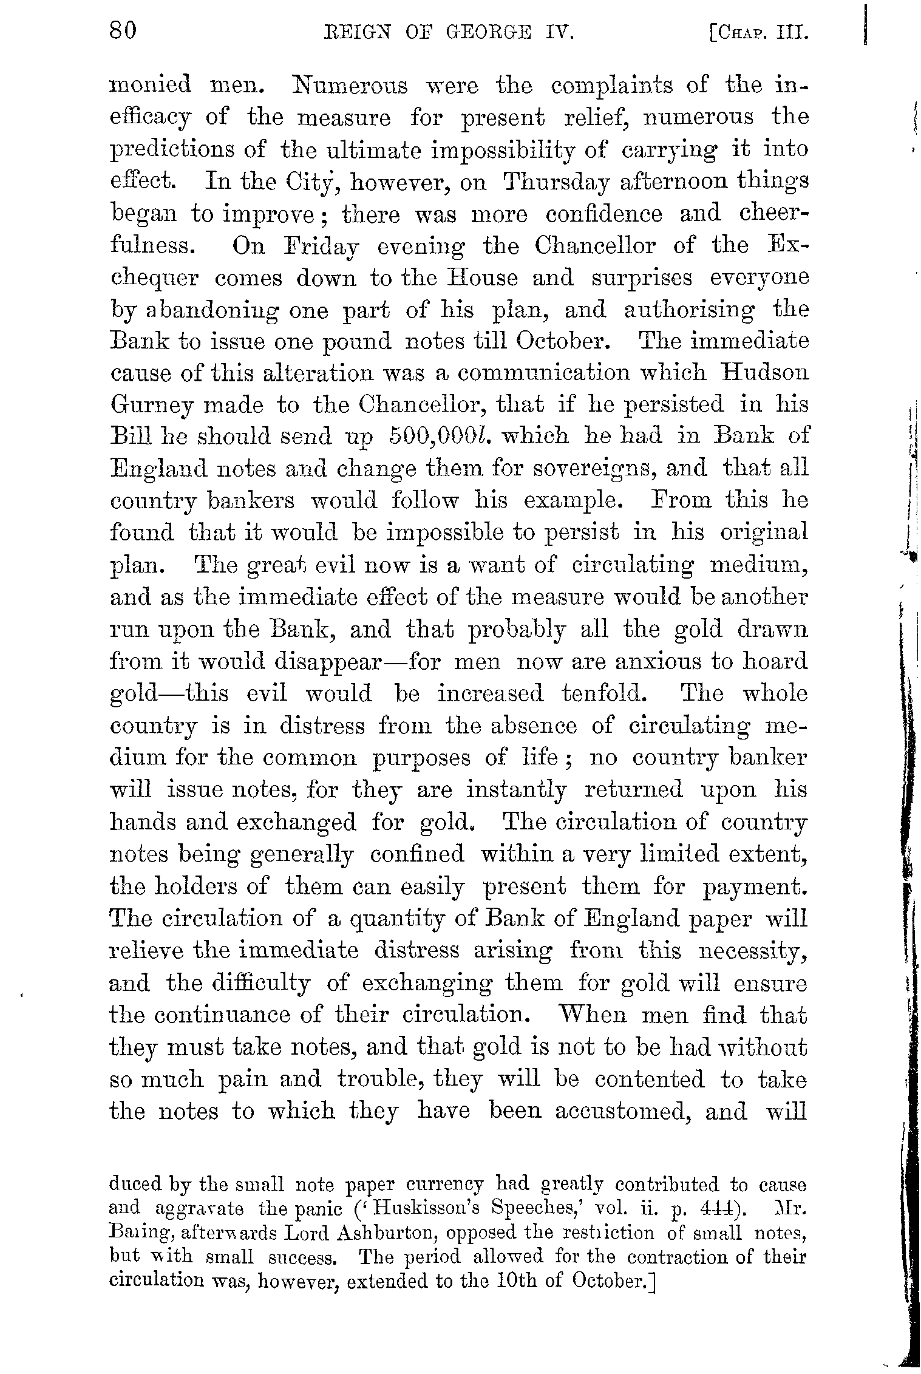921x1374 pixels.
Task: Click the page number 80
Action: point(123,29)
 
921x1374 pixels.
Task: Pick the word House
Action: point(483,279)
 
